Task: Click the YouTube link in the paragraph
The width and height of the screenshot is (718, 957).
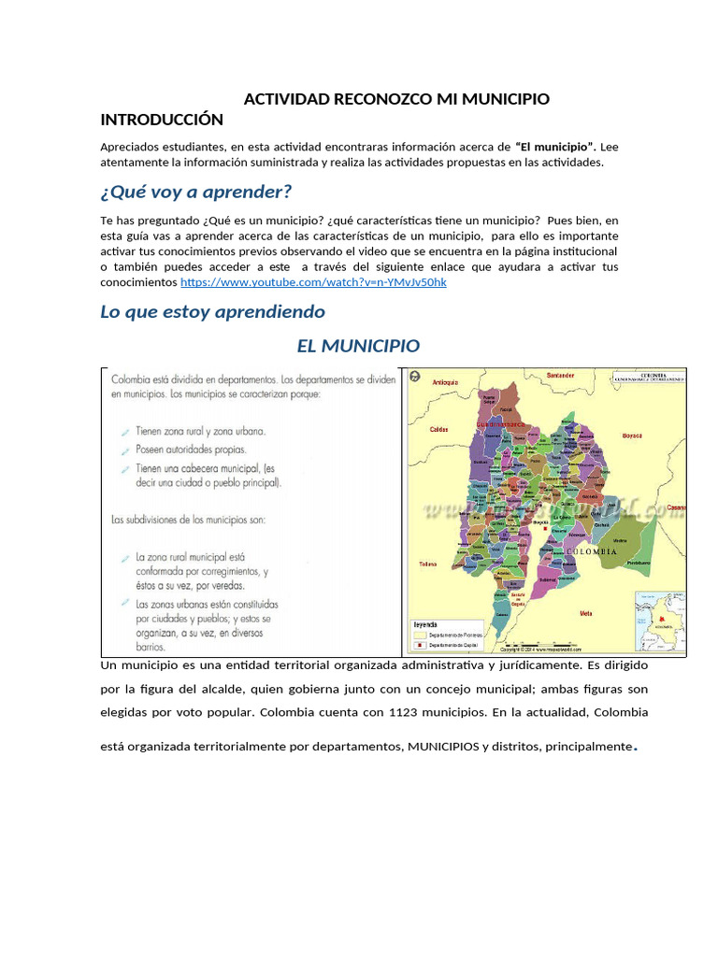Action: pyautogui.click(x=313, y=282)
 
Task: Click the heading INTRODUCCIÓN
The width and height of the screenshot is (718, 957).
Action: pyautogui.click(x=161, y=120)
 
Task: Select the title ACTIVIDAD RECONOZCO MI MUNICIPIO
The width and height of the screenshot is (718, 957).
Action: pyautogui.click(x=396, y=99)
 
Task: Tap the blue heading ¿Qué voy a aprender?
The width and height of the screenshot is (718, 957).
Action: pyautogui.click(x=195, y=193)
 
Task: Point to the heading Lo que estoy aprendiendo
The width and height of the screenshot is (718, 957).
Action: pyautogui.click(x=212, y=311)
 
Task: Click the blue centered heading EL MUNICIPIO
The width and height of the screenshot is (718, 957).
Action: pyautogui.click(x=358, y=346)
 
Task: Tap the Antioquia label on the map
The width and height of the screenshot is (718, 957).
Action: pyautogui.click(x=446, y=382)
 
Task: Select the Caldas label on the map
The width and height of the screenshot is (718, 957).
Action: pyautogui.click(x=438, y=430)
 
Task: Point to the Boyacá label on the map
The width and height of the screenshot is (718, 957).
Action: pyautogui.click(x=633, y=436)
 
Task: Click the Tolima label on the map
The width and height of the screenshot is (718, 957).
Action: pyautogui.click(x=427, y=564)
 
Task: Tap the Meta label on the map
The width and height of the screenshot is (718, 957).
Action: pyautogui.click(x=586, y=613)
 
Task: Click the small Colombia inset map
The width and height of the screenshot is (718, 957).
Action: pyautogui.click(x=659, y=621)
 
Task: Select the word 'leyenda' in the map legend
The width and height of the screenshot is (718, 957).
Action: pyautogui.click(x=426, y=624)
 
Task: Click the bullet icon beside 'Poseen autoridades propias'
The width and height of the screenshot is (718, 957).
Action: pyautogui.click(x=125, y=450)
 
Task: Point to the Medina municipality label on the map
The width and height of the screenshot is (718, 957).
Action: pyautogui.click(x=620, y=541)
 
